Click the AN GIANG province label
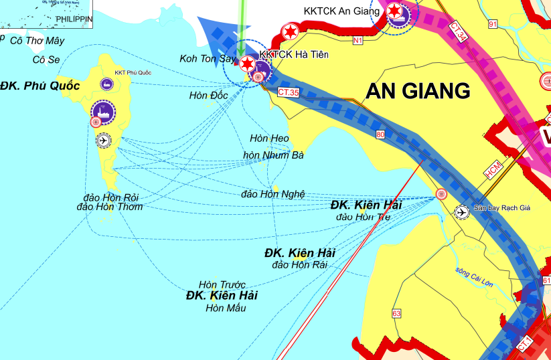pos(418,91)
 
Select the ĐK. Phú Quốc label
pos(40,86)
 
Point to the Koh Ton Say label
pos(208,59)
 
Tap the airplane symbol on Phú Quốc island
pos(103,140)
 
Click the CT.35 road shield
pos(288,92)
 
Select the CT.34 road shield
pos(459,31)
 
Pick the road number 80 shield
pos(381,134)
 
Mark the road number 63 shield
pos(396,313)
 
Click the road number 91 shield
pos(493,25)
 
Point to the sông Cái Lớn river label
pos(473,277)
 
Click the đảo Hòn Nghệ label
pos(272,194)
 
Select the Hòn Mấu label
pos(226,308)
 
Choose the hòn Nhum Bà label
pos(273,155)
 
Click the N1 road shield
pos(358,40)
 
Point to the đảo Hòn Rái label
pos(299,265)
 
